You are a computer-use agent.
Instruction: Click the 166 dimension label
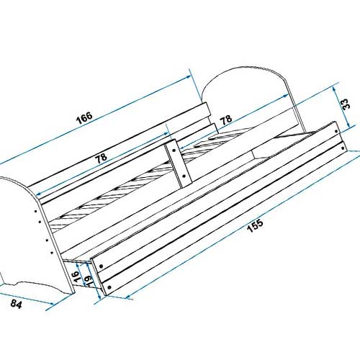[x=84, y=117]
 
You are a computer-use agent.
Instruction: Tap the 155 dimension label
[x=256, y=225]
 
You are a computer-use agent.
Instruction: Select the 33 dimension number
[x=346, y=104]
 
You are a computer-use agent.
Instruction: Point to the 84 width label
[x=17, y=304]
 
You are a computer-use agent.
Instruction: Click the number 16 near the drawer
[x=76, y=276]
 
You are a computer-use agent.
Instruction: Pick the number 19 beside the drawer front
[x=89, y=280]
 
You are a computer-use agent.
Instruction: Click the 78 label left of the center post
[x=101, y=158]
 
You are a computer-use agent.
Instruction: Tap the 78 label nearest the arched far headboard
[x=226, y=120]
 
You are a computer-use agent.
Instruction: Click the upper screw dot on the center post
[x=174, y=150]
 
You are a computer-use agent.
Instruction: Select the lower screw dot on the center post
[x=184, y=176]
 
